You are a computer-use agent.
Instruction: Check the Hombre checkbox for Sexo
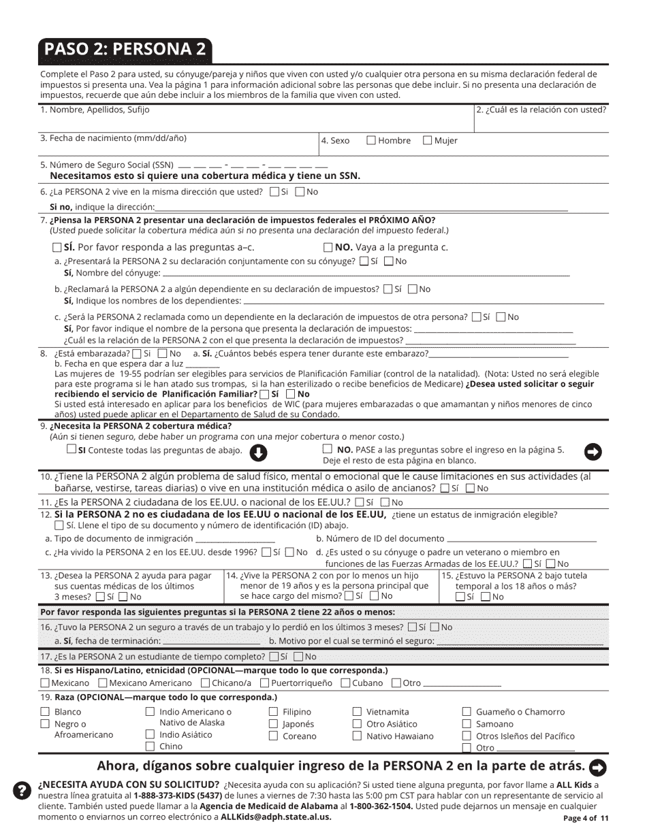coord(371,141)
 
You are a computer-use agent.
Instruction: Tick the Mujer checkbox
coord(428,141)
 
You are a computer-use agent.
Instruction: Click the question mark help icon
coord(22,790)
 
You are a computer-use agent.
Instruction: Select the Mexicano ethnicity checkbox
coord(46,683)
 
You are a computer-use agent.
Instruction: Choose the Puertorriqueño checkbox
coord(265,683)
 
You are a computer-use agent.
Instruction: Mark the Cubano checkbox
coord(345,683)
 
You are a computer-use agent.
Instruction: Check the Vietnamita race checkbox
coord(357,712)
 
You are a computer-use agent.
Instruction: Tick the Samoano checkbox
coord(467,724)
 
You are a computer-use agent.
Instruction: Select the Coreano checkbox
coord(273,736)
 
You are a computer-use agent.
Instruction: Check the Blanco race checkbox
coord(46,712)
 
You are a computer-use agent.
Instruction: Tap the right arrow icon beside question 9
coord(594,451)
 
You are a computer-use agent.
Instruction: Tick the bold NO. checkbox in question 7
coord(328,248)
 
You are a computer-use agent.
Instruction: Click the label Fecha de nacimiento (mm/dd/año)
coord(113,138)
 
